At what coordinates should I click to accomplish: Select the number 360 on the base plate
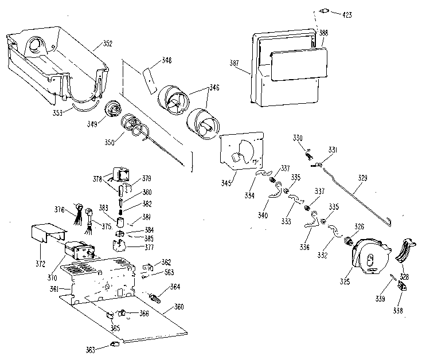click(178, 308)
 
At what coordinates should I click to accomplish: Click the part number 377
click(134, 248)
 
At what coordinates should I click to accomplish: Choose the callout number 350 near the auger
click(109, 141)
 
